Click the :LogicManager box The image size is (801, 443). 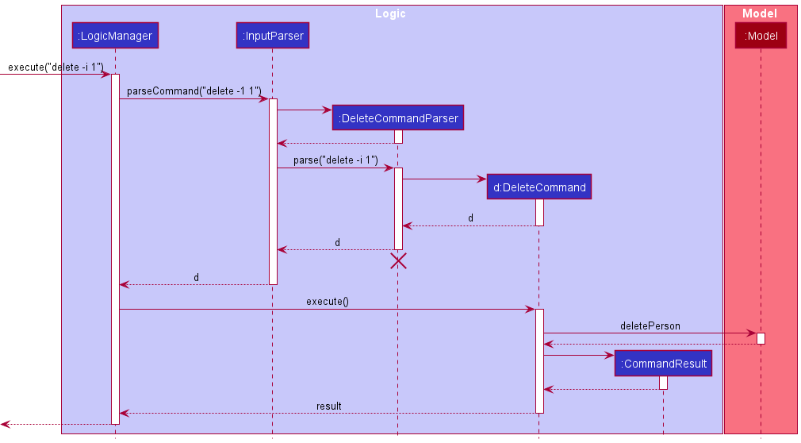115,36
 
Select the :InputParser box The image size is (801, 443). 272,36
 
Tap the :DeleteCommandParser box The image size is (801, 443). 397,118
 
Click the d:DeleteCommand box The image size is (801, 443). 538,187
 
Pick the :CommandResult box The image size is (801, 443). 663,364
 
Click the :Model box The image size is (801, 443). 760,36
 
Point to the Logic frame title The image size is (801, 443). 391,13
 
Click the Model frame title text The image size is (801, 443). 759,13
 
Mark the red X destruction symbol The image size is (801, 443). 398,261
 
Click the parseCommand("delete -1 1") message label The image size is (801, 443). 194,91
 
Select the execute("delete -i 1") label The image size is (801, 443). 56,67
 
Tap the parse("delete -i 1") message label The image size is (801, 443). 335,160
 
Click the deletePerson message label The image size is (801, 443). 650,326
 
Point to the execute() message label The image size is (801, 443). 327,302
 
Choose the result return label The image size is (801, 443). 328,406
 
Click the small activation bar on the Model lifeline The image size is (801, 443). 761,338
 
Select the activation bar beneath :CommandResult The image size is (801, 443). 663,383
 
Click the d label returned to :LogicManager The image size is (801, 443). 196,277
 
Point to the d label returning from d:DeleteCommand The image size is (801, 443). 470,218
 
